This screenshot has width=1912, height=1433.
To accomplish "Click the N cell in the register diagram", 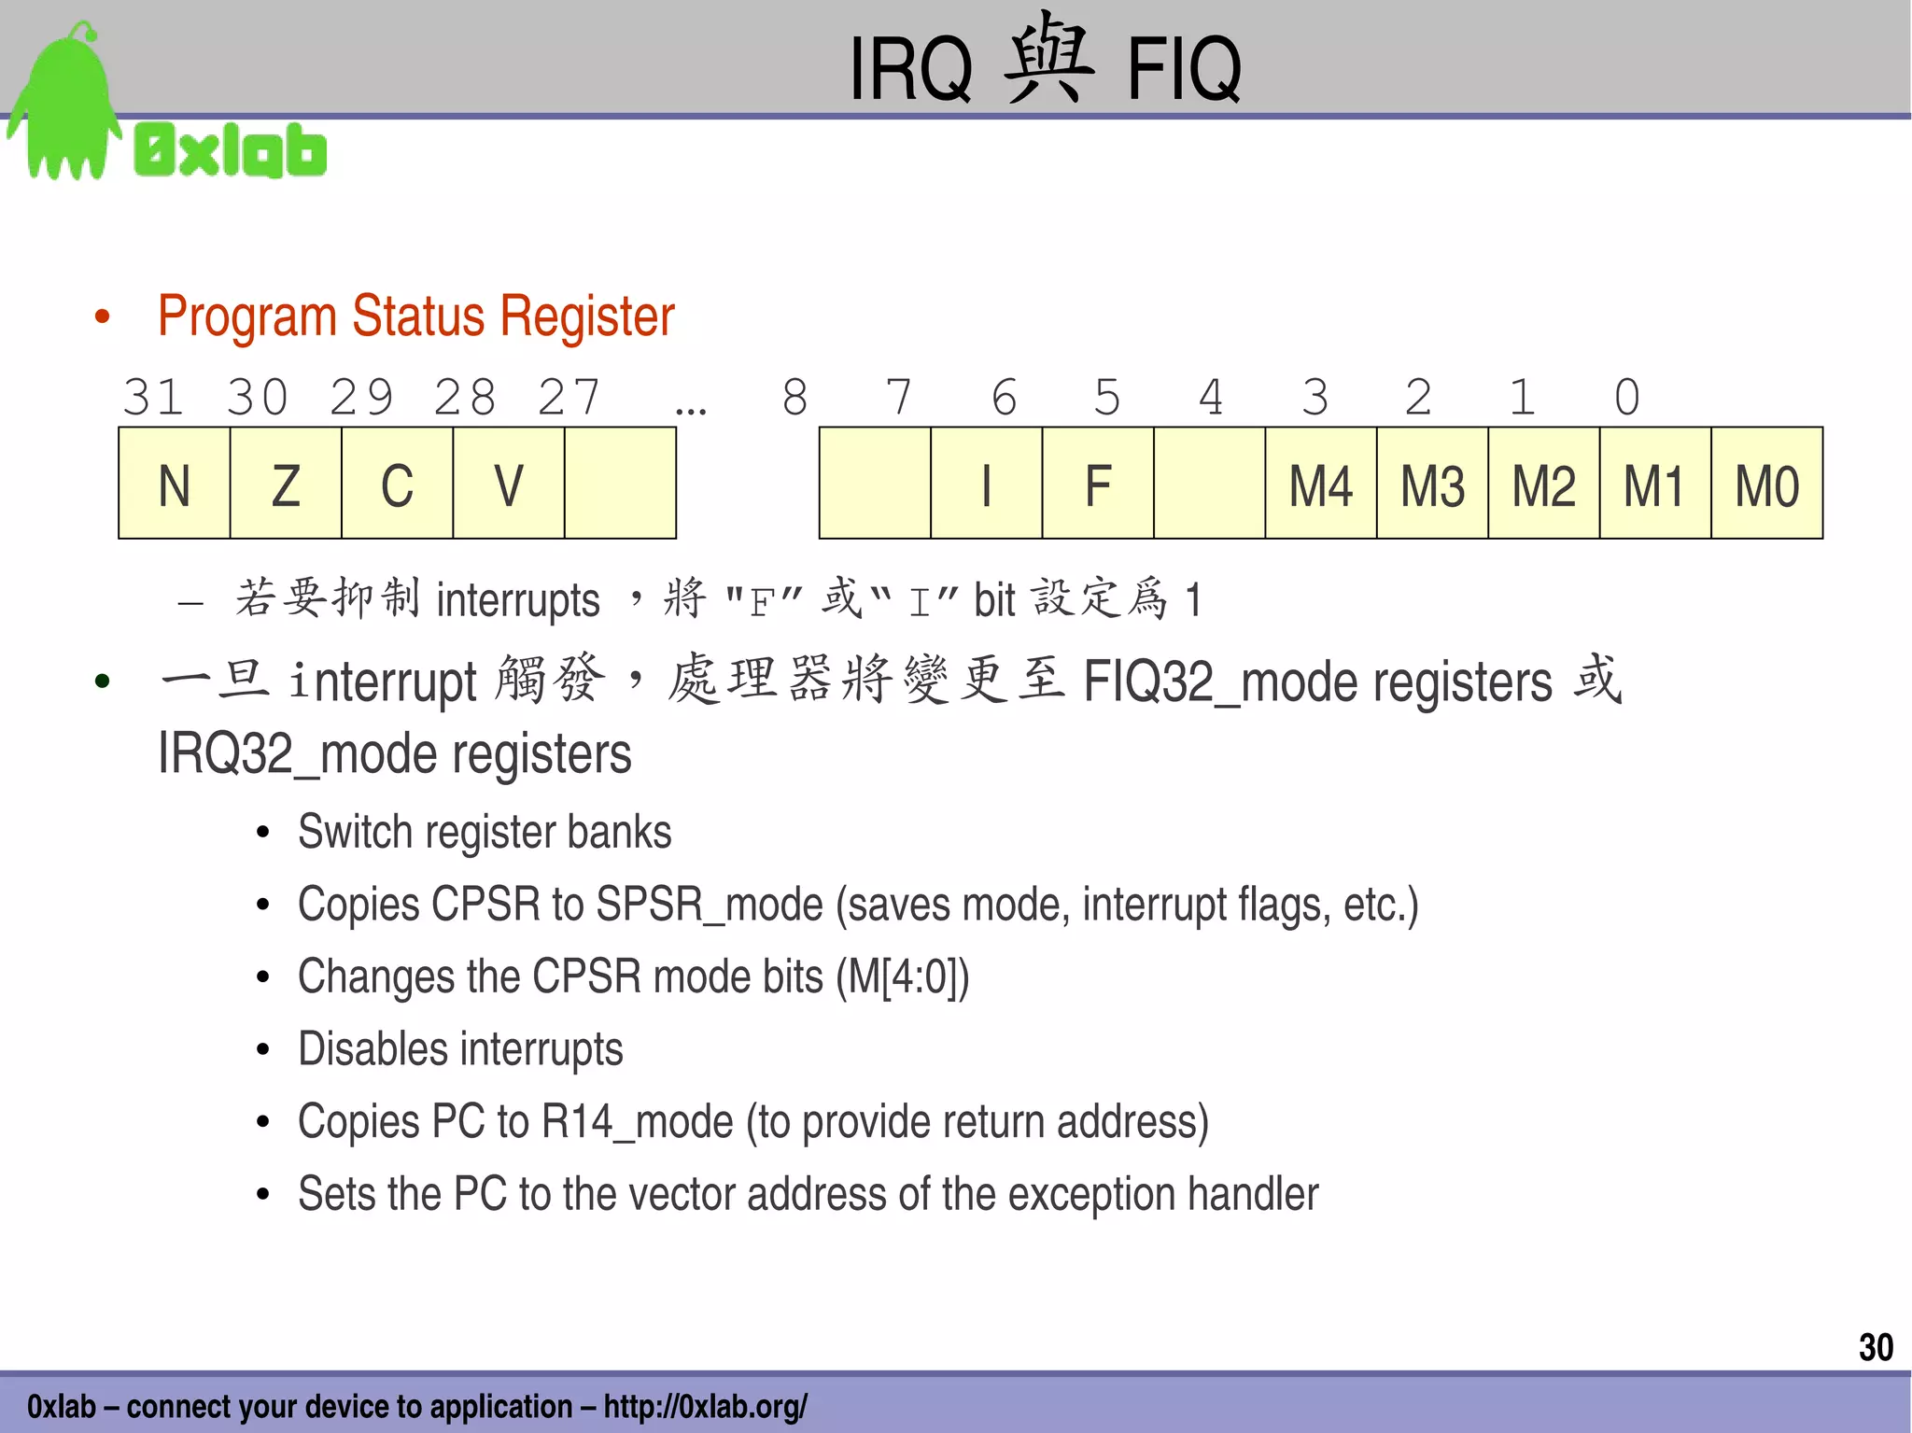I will click(175, 484).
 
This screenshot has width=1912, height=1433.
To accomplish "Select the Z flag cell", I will click(286, 484).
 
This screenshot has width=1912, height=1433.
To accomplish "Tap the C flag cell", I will click(397, 484).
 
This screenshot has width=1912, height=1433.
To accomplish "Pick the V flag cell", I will click(508, 484).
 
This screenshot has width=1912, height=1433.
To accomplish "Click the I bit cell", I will click(986, 484).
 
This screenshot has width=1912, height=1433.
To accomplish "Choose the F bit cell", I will click(1098, 484).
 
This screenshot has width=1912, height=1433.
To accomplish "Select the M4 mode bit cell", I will click(1320, 484).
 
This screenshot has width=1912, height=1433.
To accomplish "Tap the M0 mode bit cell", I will click(1766, 484).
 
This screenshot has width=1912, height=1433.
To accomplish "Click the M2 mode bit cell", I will click(1543, 484).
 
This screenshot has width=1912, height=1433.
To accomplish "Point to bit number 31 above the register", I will click(153, 398).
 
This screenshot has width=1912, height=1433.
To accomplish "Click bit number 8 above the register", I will click(794, 398).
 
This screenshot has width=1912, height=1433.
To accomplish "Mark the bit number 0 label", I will click(1626, 398).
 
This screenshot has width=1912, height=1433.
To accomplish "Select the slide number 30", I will click(1875, 1347).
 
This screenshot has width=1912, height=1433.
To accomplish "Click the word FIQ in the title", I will click(1184, 70).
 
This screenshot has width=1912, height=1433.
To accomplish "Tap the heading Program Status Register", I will click(415, 316).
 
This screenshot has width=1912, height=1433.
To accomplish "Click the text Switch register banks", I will click(485, 832).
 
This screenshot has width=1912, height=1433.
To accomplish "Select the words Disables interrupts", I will click(460, 1049).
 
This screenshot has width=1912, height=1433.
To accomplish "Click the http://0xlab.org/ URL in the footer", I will click(705, 1406).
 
